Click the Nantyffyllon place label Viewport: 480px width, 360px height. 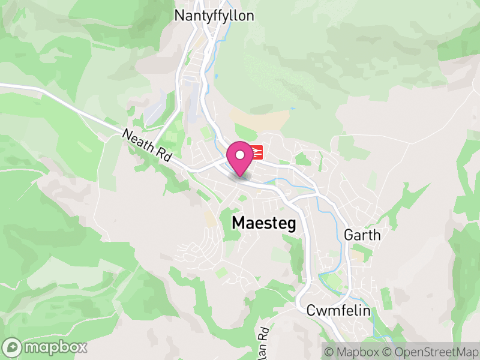pyautogui.click(x=214, y=15)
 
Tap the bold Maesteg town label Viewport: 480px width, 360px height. pyautogui.click(x=264, y=223)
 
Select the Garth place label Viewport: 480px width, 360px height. pyautogui.click(x=362, y=235)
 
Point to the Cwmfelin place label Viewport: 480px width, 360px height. pyautogui.click(x=338, y=311)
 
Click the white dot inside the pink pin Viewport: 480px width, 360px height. pyautogui.click(x=240, y=155)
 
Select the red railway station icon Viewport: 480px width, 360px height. pyautogui.click(x=257, y=152)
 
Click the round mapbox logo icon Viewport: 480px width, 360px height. pyautogui.click(x=13, y=347)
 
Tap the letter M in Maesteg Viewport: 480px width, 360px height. pyautogui.click(x=238, y=223)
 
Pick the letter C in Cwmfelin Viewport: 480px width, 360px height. pyautogui.click(x=311, y=311)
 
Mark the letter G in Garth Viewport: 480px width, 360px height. pyautogui.click(x=349, y=235)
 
